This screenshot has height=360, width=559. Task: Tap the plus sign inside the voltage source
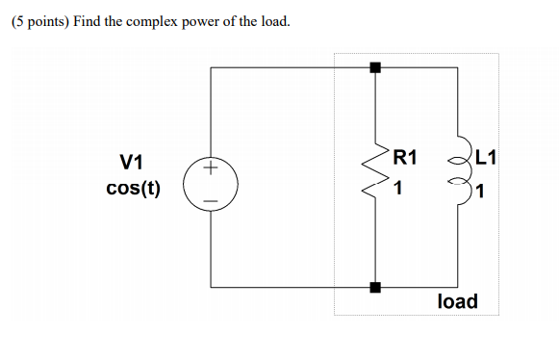(211, 170)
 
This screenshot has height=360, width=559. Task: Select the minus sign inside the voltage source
(211, 199)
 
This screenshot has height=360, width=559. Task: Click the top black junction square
(375, 67)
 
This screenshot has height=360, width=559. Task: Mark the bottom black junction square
(375, 287)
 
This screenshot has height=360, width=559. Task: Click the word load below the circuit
(457, 301)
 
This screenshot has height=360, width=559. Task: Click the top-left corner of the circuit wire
(211, 67)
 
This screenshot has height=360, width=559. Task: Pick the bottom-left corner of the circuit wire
(211, 287)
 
